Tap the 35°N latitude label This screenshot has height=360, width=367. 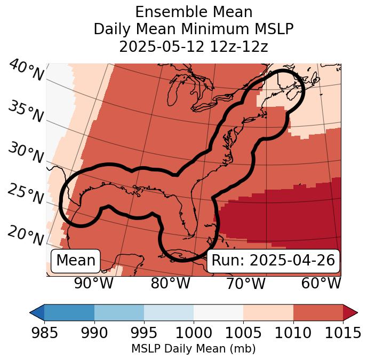tap(26, 111)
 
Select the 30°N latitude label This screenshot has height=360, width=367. tap(26, 153)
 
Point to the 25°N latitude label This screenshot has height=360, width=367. tap(26, 194)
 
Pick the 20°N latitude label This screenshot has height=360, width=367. tap(26, 235)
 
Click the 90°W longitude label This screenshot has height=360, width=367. tap(94, 284)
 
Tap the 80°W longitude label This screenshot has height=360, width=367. tap(171, 284)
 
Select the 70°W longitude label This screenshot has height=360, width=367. tap(246, 284)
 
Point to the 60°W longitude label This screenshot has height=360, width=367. tap(321, 284)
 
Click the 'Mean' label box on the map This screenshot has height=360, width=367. tap(76, 261)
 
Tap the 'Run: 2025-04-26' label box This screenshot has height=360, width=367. tap(273, 261)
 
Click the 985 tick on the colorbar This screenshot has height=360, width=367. tap(44, 333)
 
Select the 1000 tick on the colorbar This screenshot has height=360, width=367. tap(194, 333)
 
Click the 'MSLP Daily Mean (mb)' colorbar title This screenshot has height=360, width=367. tap(194, 349)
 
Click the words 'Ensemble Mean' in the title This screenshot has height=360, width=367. tap(194, 12)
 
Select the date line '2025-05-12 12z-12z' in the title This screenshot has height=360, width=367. tap(194, 46)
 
